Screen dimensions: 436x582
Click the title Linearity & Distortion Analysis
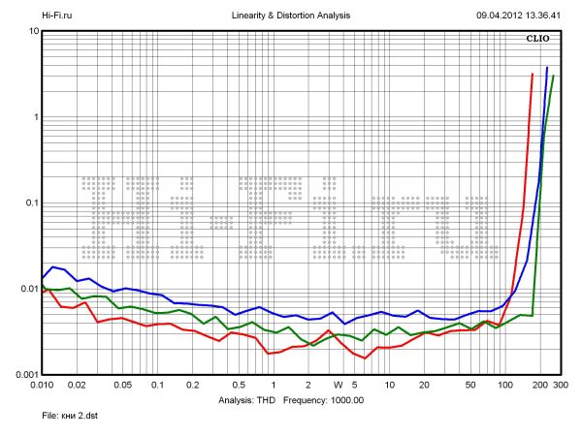(292, 16)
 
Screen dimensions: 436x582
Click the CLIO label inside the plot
(538, 39)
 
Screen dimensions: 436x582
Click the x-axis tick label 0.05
(122, 385)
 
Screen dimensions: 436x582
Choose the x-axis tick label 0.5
(238, 385)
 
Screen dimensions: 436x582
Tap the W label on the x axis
(338, 385)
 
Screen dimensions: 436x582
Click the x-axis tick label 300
(560, 385)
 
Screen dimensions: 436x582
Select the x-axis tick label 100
(505, 385)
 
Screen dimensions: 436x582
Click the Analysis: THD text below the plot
(247, 399)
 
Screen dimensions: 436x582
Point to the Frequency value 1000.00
(344, 399)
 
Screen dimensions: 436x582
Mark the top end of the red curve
(533, 74)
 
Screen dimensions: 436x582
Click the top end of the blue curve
(547, 68)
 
